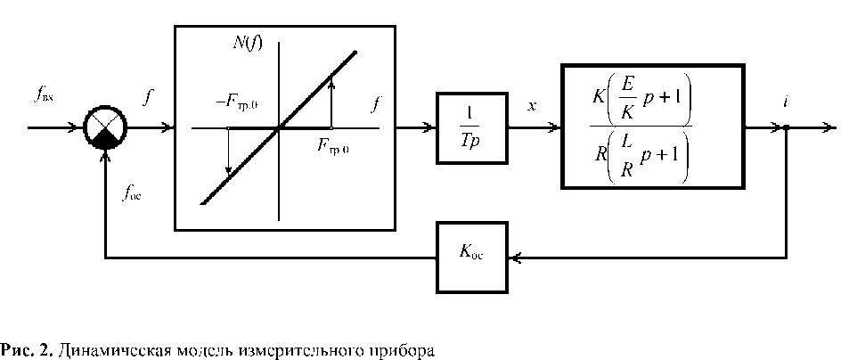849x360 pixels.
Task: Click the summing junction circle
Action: pyautogui.click(x=105, y=128)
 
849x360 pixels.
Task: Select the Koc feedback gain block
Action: pyautogui.click(x=471, y=258)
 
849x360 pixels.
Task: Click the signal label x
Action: pyautogui.click(x=532, y=105)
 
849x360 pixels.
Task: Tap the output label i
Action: pyautogui.click(x=785, y=103)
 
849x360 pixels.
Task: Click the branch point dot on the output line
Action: pyautogui.click(x=787, y=128)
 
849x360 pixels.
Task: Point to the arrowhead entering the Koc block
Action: pyautogui.click(x=513, y=258)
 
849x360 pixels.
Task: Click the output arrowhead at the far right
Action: pyautogui.click(x=830, y=128)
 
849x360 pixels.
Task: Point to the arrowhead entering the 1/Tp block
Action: pyautogui.click(x=429, y=128)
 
